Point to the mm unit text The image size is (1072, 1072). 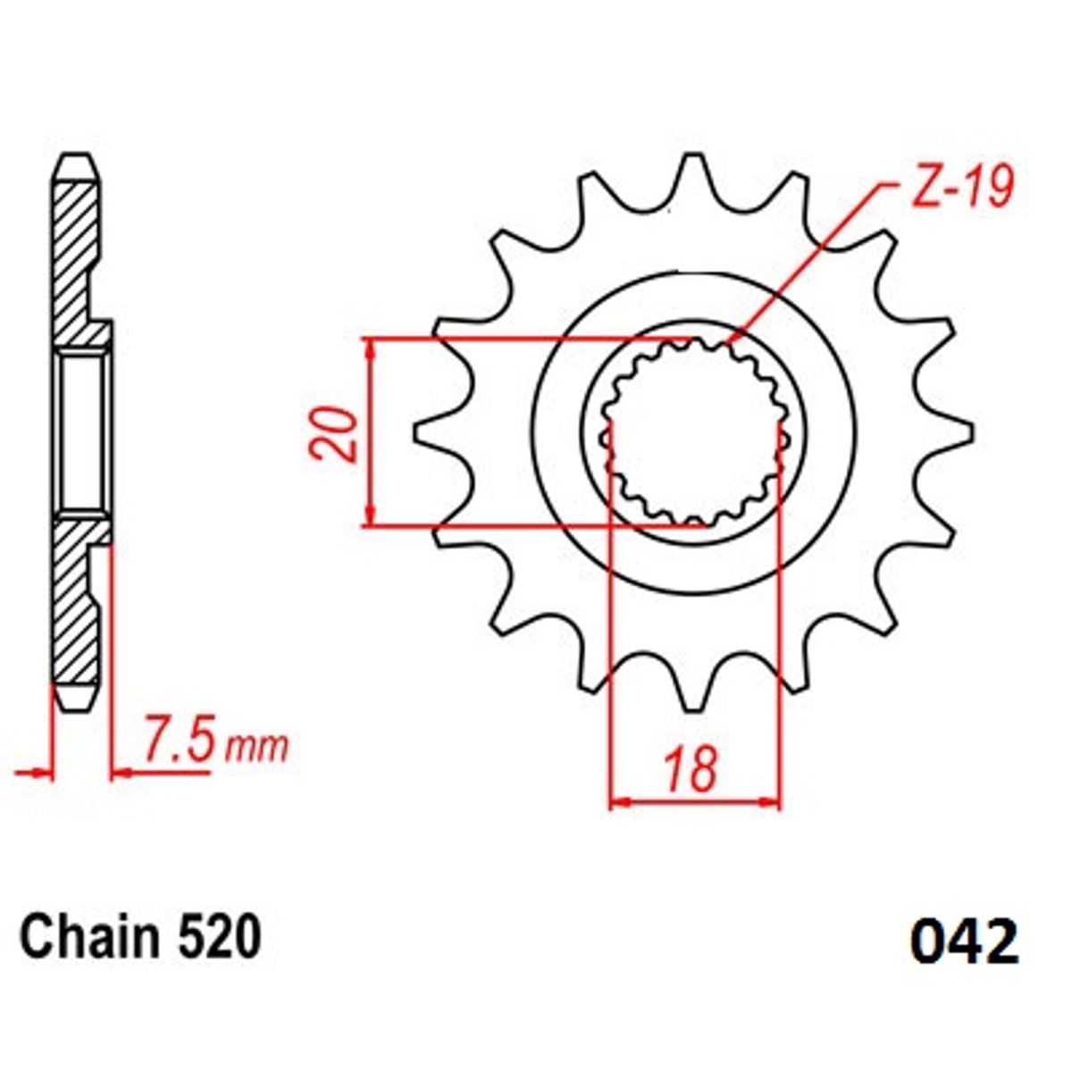click(256, 747)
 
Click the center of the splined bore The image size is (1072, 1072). click(692, 433)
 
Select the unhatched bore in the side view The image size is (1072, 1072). click(83, 433)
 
